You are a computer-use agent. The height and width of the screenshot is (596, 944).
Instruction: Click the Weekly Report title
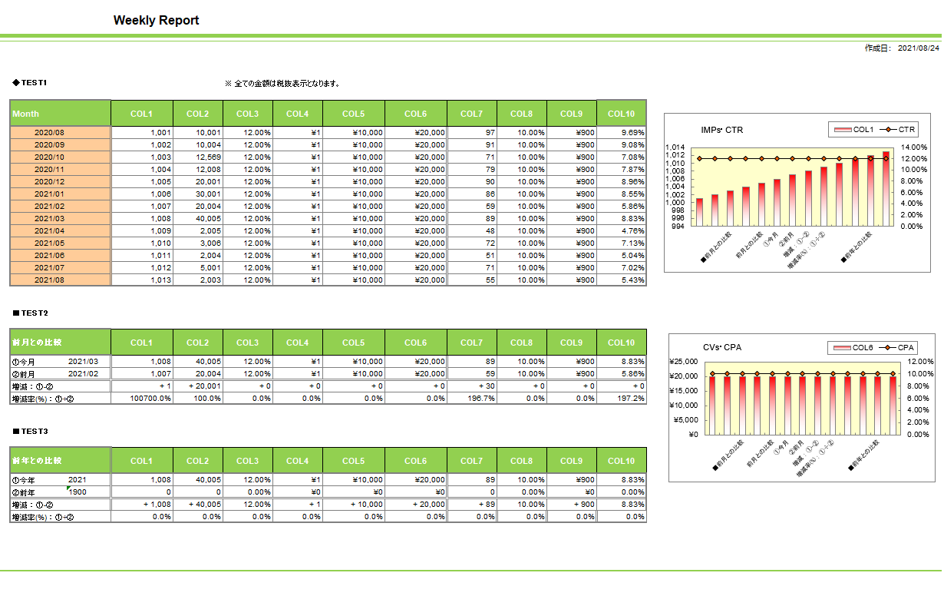click(156, 20)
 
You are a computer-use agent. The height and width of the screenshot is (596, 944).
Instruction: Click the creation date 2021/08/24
click(919, 48)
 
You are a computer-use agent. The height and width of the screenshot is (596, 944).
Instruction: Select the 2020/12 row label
click(49, 182)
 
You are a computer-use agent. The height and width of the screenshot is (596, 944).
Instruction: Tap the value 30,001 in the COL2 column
click(208, 194)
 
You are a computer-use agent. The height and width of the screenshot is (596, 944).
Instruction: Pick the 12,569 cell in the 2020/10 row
click(208, 157)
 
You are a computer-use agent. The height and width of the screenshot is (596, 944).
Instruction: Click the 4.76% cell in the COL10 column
click(632, 231)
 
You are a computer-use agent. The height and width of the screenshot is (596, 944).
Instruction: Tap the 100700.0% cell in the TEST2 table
click(150, 399)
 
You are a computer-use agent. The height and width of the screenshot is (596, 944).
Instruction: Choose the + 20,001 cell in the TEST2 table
click(205, 386)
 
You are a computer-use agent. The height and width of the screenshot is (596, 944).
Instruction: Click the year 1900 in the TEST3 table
click(77, 492)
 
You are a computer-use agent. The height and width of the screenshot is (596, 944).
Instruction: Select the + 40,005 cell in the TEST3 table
click(205, 505)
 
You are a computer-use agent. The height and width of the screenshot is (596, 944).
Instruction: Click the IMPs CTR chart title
click(722, 130)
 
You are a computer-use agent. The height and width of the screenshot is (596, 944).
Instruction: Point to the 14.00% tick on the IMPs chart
click(914, 147)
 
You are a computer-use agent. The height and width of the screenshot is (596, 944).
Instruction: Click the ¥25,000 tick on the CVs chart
click(684, 362)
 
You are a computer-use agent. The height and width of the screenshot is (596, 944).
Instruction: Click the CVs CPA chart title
click(722, 347)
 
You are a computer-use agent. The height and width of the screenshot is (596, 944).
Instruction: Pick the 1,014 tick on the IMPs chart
click(675, 147)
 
